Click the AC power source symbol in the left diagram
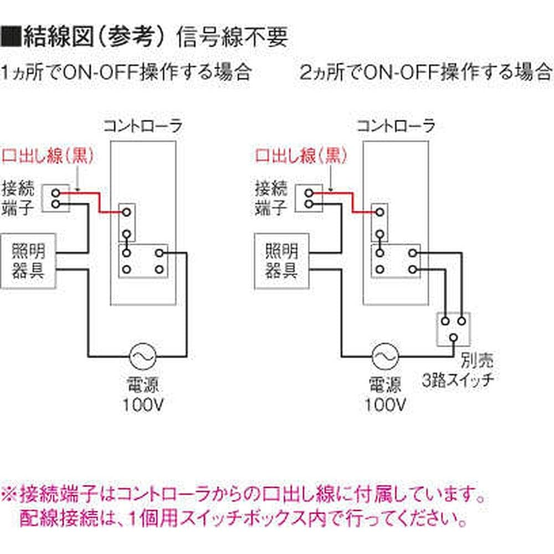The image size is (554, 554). (x=141, y=356)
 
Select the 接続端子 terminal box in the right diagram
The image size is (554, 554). (x=309, y=198)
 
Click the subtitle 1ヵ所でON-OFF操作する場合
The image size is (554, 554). (x=126, y=72)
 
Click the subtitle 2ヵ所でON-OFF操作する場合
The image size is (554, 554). (x=425, y=72)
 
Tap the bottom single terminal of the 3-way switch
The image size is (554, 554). (x=454, y=337)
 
